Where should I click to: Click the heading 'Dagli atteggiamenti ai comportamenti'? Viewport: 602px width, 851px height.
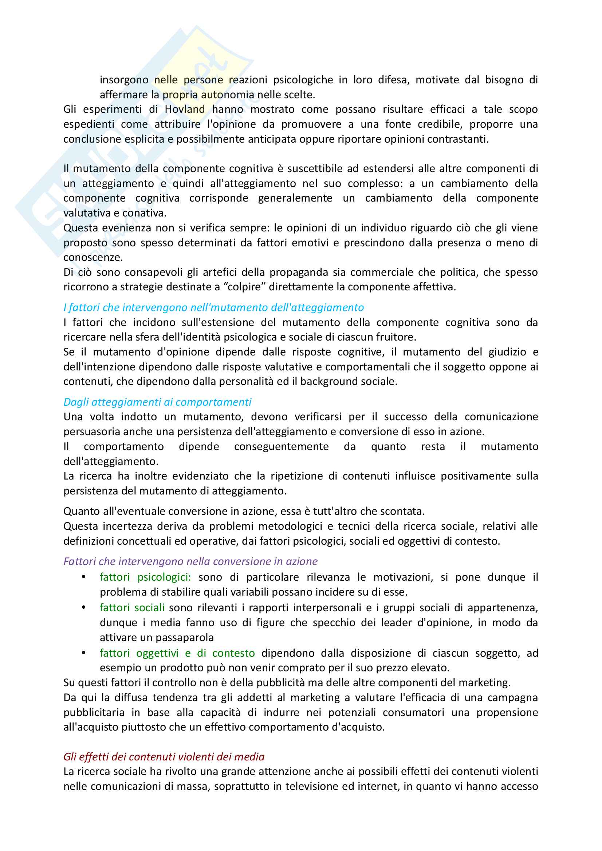point(157,402)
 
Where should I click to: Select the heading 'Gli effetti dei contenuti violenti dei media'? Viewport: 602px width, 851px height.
point(164,756)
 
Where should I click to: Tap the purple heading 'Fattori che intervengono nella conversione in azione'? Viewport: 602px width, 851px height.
point(190,561)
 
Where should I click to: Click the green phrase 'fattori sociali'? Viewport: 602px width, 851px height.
point(132,608)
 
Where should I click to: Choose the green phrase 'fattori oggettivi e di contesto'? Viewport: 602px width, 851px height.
point(177,653)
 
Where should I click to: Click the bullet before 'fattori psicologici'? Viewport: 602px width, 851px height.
point(84,577)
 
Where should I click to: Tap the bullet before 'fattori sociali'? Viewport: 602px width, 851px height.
point(84,608)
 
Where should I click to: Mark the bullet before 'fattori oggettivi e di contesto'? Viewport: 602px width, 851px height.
point(84,653)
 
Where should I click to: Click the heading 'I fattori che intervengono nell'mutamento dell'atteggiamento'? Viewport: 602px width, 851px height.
point(214,308)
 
